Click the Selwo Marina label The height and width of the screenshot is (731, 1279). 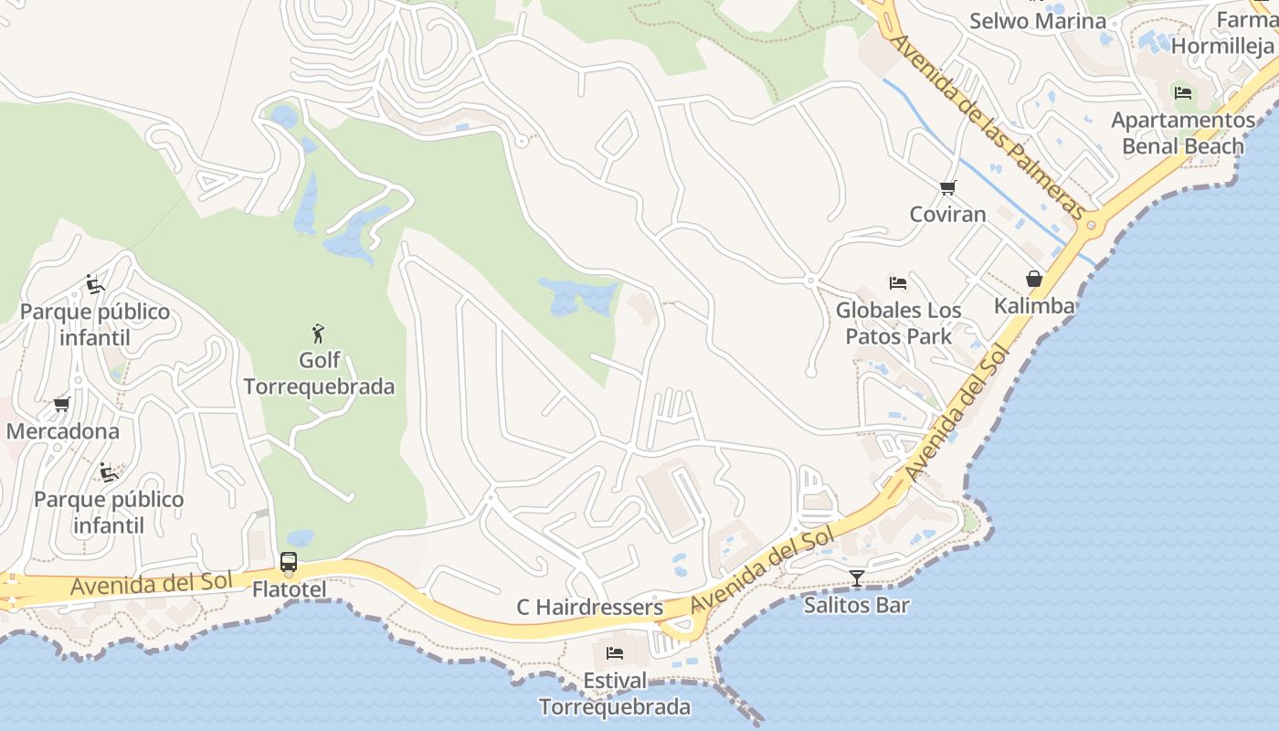point(1037,20)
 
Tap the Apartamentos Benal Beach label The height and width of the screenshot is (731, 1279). point(1183,133)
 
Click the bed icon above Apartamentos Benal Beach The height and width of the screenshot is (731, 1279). point(1183,92)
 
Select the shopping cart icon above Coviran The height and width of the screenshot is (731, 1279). point(947,188)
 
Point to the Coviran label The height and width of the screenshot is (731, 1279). point(947,214)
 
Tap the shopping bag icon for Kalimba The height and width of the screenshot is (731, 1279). point(1034,279)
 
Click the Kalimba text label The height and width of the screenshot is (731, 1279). point(1034,305)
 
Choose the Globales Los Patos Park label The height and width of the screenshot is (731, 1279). point(899,323)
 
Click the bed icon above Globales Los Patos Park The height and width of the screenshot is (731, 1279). point(898,283)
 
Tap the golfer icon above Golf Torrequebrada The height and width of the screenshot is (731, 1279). point(318,334)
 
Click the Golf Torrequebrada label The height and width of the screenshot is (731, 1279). point(319,373)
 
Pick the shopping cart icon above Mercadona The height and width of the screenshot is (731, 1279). point(61,404)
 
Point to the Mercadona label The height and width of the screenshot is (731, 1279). point(62,430)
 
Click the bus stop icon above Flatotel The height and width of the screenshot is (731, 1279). point(289,563)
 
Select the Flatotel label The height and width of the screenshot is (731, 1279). point(289,589)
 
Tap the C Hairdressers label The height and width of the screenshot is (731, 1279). point(589,607)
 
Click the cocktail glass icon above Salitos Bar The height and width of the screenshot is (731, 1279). point(856,577)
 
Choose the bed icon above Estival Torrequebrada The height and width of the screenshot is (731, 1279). point(615,653)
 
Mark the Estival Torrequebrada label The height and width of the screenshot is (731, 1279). point(615,694)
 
